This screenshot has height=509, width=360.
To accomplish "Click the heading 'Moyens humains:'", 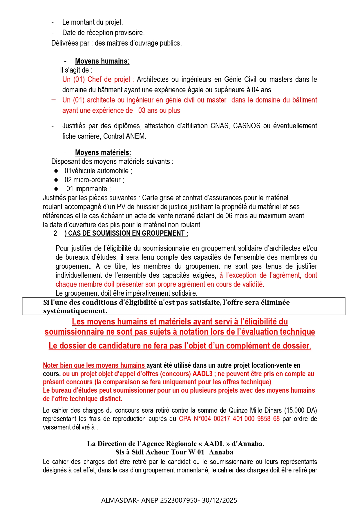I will [x=102, y=61].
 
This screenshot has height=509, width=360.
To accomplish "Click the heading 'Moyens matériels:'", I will [x=103, y=153].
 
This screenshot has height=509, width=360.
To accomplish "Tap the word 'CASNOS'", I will [x=247, y=126].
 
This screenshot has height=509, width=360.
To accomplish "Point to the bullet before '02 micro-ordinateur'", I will [x=56, y=180].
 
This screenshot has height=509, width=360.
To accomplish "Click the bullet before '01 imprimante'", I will [x=56, y=189].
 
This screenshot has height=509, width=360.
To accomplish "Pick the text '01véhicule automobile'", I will [x=97, y=171].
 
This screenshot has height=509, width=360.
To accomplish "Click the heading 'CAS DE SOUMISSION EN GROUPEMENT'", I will [x=128, y=233].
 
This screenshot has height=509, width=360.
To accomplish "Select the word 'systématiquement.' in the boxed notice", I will [x=75, y=311].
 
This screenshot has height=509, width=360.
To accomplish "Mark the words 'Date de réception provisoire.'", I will [x=103, y=33].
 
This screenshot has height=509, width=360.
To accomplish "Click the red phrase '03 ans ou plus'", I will [x=159, y=111].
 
